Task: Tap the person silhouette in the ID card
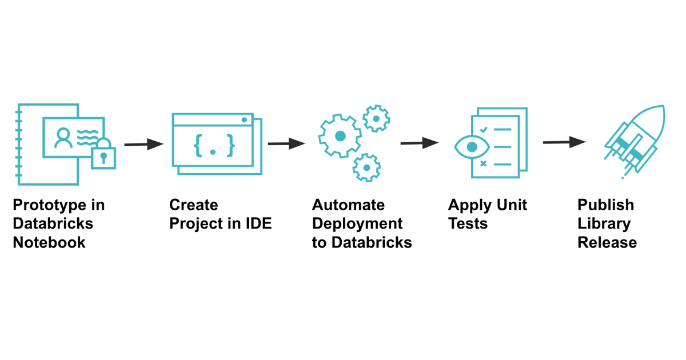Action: tap(63, 138)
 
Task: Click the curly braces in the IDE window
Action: tap(214, 145)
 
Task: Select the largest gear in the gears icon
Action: tap(340, 136)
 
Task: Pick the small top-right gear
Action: tap(376, 119)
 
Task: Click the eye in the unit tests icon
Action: tap(472, 147)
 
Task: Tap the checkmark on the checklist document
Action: tap(484, 130)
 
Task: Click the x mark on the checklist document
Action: tap(484, 164)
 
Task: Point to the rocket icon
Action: tap(635, 140)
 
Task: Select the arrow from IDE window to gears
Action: tap(286, 143)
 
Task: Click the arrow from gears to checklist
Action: tap(420, 143)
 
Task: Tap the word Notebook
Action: tap(49, 242)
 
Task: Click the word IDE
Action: tap(258, 223)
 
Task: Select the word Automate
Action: tap(348, 205)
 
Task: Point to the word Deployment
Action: tap(357, 223)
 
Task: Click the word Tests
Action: tap(468, 223)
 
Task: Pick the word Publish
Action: tap(605, 205)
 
